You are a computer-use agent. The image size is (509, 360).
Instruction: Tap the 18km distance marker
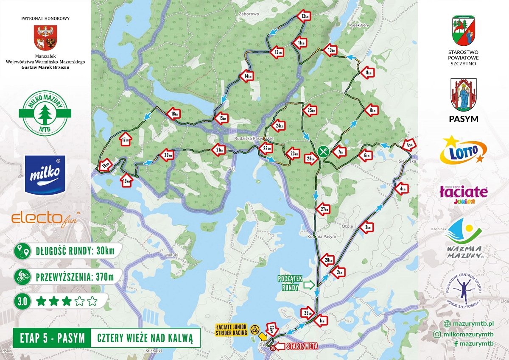tap(106, 164)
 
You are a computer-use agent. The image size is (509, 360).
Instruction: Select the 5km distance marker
tap(408, 145)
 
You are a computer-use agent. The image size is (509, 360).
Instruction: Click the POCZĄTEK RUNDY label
tap(290, 283)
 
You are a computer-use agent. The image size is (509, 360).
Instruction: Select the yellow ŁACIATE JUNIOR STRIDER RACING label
tap(232, 330)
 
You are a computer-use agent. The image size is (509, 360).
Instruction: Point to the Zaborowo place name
tap(249, 13)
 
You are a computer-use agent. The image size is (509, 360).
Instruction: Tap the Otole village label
tap(347, 226)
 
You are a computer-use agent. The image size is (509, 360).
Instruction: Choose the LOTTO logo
tap(463, 150)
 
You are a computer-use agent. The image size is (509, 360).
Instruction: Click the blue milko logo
tap(45, 174)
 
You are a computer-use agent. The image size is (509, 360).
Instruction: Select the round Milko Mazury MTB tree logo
tap(45, 114)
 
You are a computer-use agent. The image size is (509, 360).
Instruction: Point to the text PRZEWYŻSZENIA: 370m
tap(75, 278)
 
